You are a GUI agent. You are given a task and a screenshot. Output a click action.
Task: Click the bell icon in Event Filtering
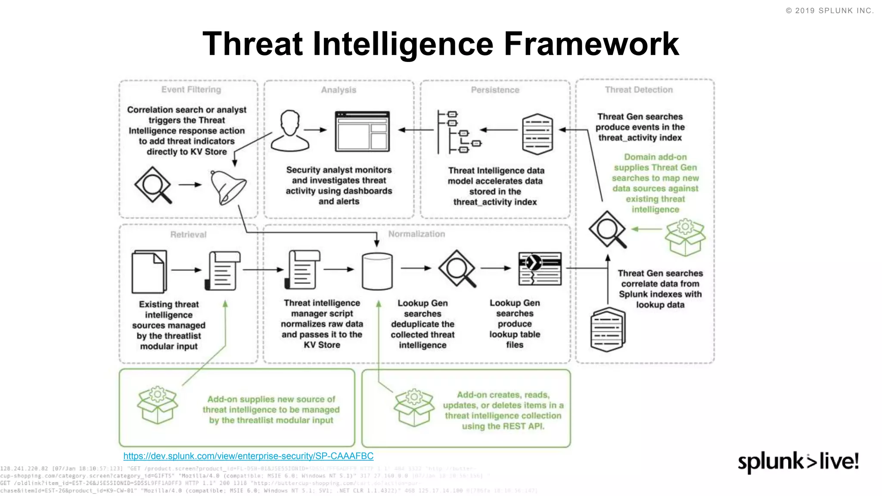[x=228, y=188]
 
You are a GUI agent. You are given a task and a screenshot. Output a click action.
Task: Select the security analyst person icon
[x=290, y=130]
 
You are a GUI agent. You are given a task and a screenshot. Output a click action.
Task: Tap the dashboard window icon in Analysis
[x=362, y=131]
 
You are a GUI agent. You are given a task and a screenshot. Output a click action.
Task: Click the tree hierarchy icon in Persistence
[x=457, y=132]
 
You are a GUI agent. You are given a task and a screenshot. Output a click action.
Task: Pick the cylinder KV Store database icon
[x=377, y=271]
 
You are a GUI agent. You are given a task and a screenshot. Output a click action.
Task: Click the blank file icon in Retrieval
[x=149, y=271]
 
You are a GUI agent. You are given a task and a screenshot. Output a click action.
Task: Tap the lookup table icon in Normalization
[x=540, y=269]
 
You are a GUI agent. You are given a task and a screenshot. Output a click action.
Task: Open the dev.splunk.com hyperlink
[x=248, y=456]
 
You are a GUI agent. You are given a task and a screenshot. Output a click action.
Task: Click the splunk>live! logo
[x=798, y=462]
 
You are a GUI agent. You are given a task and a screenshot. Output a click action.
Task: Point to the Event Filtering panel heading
[x=191, y=90]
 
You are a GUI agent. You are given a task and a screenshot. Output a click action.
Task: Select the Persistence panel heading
[x=495, y=90]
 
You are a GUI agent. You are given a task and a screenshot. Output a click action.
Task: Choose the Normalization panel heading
[x=416, y=234]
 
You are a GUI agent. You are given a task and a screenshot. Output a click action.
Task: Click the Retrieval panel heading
[x=188, y=235]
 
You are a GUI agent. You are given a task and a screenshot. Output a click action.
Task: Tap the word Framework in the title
[x=591, y=44]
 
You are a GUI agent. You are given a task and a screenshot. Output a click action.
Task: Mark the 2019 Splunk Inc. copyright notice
[x=829, y=11]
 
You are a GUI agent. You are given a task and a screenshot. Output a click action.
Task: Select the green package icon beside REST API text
[x=413, y=407]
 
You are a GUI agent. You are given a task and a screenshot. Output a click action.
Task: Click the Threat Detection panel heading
[x=639, y=90]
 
